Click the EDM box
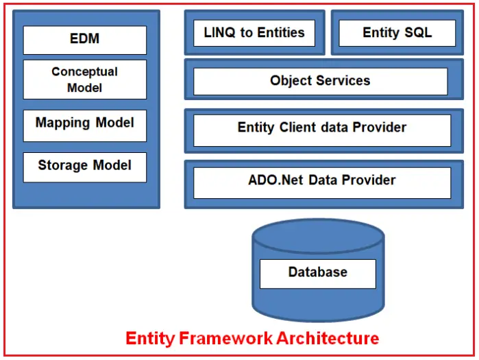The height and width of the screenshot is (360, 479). pos(85,40)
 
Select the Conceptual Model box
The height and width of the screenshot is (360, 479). pos(85,80)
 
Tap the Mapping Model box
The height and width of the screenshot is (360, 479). pos(85,125)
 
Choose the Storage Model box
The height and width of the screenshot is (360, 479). pos(85,167)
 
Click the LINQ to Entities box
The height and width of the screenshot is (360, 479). pos(254,33)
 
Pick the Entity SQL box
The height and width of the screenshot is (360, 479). pos(397,33)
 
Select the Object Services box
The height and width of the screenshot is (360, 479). pos(321,82)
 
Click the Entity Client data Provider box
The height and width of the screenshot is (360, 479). pos(322,130)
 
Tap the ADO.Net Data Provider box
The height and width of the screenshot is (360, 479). pos(322,183)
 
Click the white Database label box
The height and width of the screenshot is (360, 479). pos(318,274)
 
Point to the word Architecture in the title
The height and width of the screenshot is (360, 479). pos(328,338)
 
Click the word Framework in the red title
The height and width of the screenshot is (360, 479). pos(225,338)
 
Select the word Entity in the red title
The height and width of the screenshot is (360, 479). pos(150,339)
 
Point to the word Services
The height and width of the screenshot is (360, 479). pos(343,80)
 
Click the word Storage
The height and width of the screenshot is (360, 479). pos(63,165)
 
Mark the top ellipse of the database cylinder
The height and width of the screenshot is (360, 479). pos(318,236)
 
